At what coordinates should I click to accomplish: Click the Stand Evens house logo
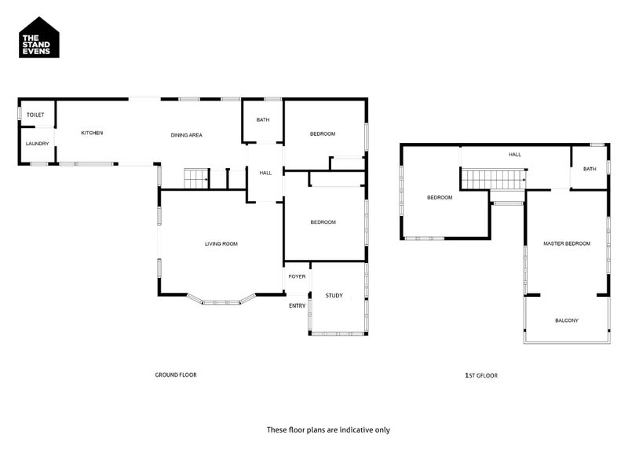pos(39,38)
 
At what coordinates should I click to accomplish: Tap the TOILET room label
pos(35,115)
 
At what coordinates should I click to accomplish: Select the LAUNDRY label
pos(37,144)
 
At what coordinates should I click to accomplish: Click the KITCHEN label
pos(92,133)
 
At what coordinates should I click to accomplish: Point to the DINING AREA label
pos(187,135)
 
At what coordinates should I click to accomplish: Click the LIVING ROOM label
pos(221,244)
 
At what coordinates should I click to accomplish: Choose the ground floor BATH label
pos(263,120)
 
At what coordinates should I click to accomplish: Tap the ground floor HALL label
pos(265,173)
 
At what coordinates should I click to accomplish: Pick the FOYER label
pos(297,277)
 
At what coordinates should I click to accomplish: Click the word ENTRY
pos(298,306)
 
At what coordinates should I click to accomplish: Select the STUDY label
pos(334,296)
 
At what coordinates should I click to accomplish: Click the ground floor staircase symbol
pos(196,179)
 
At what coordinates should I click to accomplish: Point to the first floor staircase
pos(494,180)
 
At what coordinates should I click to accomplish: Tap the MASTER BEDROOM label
pos(567,243)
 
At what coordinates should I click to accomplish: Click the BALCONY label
pos(567,320)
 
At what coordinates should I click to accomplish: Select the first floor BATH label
pos(590,169)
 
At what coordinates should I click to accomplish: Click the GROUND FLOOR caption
pos(176,375)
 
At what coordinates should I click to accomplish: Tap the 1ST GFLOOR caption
pos(481,376)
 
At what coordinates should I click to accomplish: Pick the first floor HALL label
pos(515,155)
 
